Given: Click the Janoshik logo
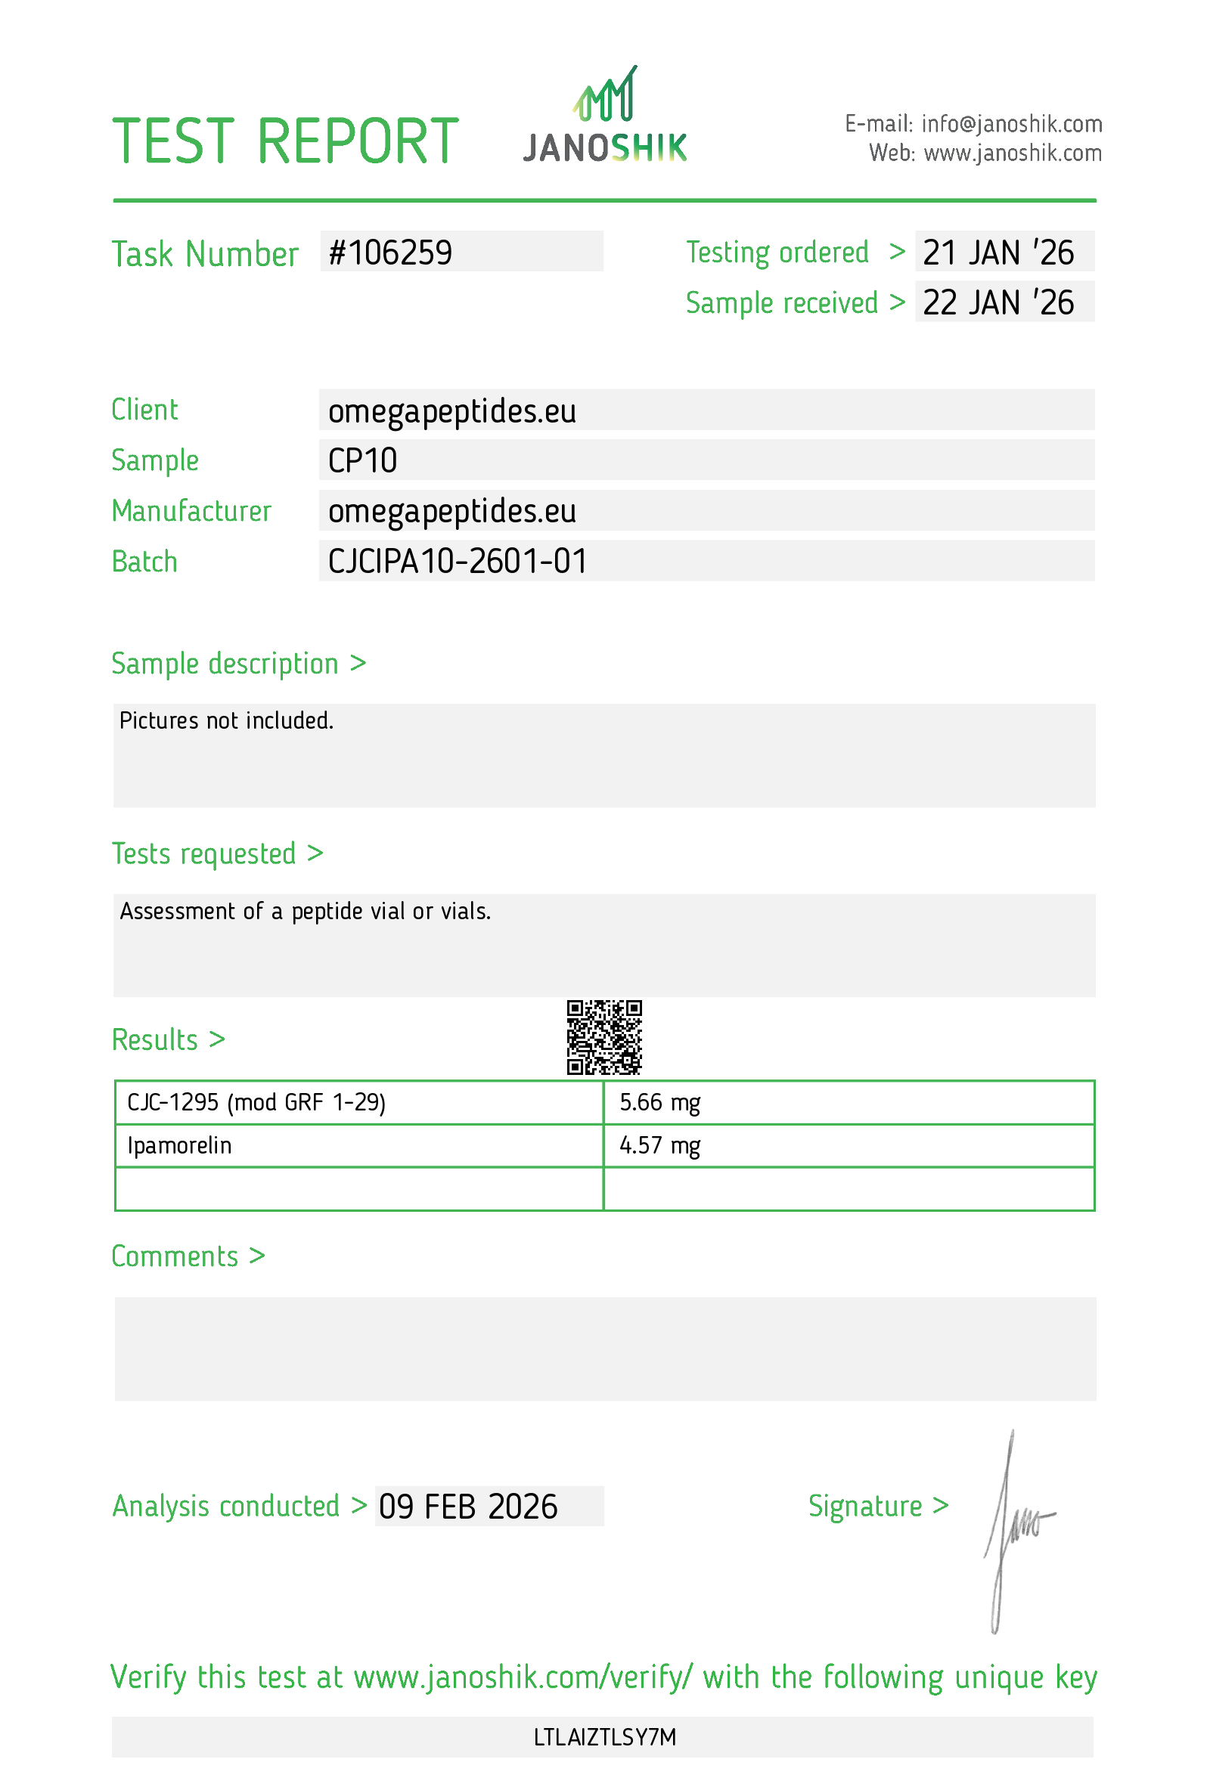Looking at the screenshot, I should (604, 116).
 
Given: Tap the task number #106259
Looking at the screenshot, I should (390, 253).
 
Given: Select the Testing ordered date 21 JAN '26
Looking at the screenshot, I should (997, 253).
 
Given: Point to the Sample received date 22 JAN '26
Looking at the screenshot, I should (997, 303).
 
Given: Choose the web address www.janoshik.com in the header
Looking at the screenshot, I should (1012, 153).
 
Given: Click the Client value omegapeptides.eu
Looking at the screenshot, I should (451, 411).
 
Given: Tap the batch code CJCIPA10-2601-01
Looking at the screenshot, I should (458, 562).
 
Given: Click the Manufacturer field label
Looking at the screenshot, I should (191, 511).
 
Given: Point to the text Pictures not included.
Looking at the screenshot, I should (226, 721).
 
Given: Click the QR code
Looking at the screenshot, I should (603, 1037).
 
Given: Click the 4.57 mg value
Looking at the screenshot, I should (659, 1145).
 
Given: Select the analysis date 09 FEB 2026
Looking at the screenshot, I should (467, 1507).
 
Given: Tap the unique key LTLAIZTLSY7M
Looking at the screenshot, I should (604, 1737).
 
